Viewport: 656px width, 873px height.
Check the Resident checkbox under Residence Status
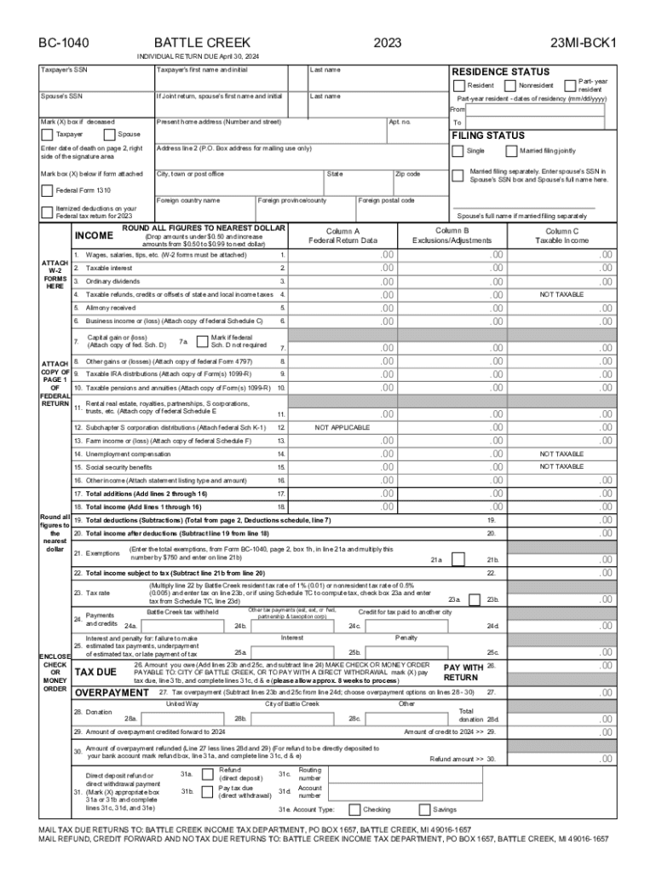pos(459,86)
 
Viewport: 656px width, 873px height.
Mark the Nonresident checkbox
pos(510,86)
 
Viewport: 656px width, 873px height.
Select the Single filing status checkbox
pos(458,151)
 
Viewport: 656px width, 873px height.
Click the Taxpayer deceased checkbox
pos(47,135)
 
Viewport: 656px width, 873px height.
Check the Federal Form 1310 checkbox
pos(47,190)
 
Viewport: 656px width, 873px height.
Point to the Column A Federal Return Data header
pos(342,235)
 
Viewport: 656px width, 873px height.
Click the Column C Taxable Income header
pos(562,235)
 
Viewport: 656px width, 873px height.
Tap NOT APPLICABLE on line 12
pos(342,427)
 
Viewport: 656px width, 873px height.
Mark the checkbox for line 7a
pos(199,341)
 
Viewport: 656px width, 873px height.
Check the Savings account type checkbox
pos(424,810)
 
